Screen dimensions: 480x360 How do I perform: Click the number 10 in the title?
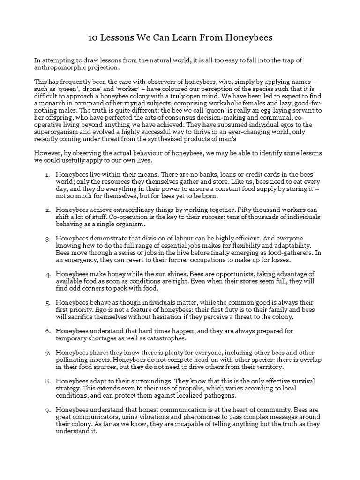[93, 38]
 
